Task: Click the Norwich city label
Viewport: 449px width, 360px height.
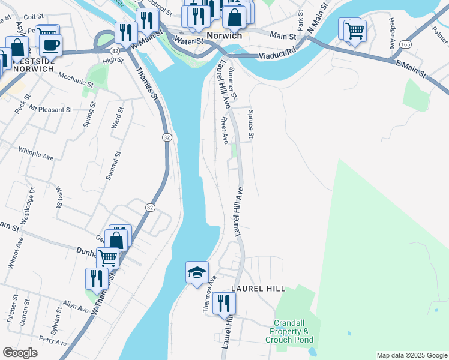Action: [x=224, y=35]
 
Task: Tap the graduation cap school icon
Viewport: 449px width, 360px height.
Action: [x=197, y=273]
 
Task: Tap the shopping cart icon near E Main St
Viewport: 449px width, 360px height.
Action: [x=355, y=29]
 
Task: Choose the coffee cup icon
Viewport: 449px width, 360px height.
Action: [x=51, y=44]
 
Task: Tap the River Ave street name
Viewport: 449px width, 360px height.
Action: [x=224, y=130]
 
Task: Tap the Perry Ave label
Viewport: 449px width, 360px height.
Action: [x=52, y=343]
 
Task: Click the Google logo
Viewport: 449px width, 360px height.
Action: [x=20, y=353]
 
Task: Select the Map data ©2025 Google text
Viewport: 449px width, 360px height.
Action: [x=411, y=355]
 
